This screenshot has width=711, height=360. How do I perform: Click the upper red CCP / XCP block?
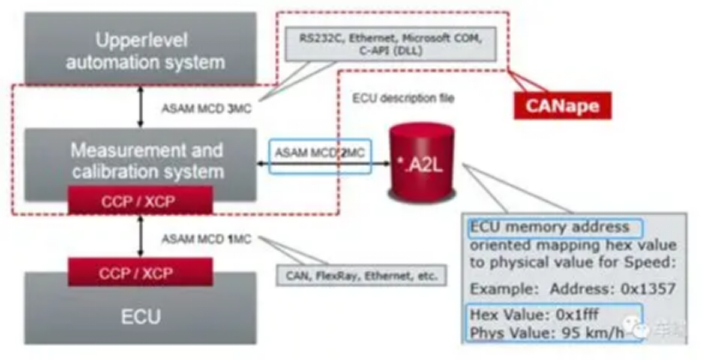click(x=140, y=200)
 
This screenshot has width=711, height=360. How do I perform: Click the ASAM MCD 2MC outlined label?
click(x=319, y=155)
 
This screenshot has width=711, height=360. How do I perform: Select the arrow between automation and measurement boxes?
click(x=140, y=107)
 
